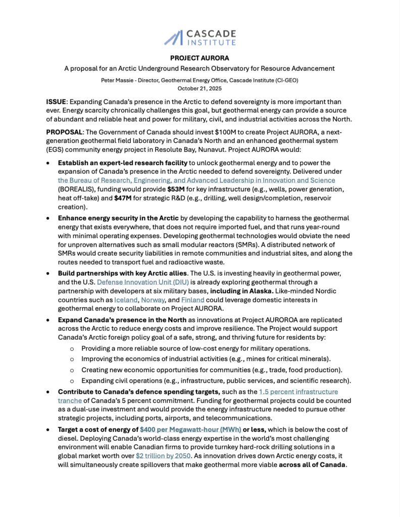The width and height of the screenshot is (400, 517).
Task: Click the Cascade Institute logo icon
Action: (175, 37)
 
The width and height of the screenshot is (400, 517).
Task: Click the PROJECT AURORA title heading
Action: (199, 58)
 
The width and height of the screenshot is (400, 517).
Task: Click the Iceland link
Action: (125, 299)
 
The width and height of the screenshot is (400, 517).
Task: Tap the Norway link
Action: (153, 299)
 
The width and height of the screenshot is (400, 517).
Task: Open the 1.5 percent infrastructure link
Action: (298, 391)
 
